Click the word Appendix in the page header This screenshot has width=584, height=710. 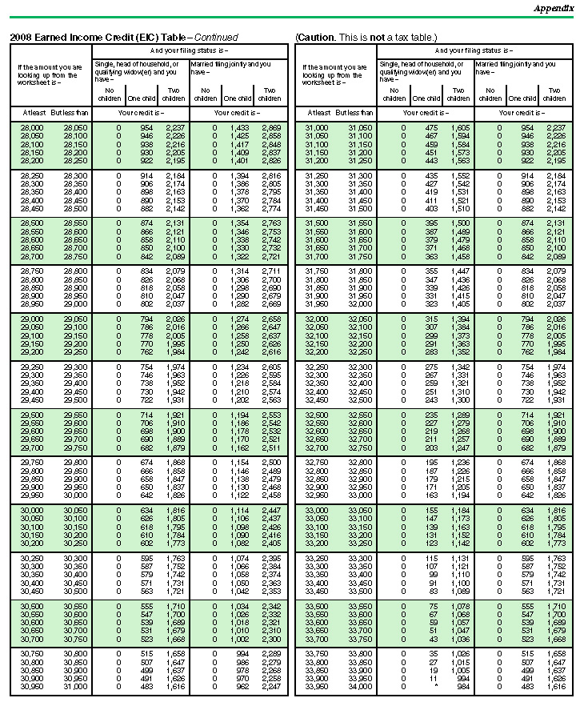click(554, 8)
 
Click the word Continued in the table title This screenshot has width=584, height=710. click(216, 37)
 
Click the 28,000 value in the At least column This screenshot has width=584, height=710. click(32, 128)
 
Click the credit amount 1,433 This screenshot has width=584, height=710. click(238, 128)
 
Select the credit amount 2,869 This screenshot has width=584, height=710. click(270, 128)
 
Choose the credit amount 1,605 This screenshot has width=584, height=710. click(460, 128)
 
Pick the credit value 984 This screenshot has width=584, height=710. click(462, 687)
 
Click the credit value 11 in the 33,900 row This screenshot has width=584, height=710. click(433, 679)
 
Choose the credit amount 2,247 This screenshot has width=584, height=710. click(270, 687)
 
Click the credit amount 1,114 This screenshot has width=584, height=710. click(238, 510)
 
